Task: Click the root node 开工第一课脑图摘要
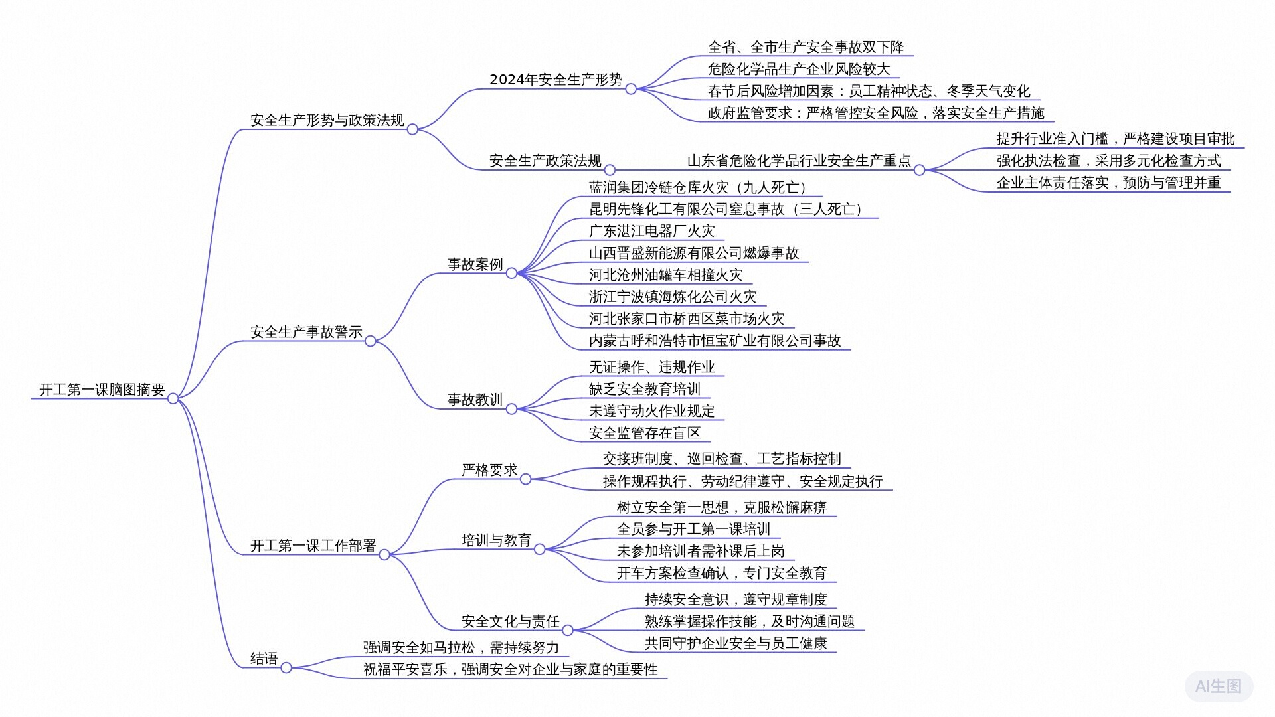[102, 390]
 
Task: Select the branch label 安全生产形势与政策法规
[327, 120]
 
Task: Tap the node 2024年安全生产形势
[556, 80]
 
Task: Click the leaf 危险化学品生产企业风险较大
[798, 69]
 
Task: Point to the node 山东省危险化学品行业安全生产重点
[798, 161]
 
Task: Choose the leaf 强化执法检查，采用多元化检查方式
[1108, 161]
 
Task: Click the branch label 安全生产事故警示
[306, 332]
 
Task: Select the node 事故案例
[475, 264]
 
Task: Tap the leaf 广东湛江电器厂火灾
[651, 231]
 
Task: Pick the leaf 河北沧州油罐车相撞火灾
[665, 275]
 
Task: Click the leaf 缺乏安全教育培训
[644, 389]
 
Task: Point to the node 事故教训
[475, 400]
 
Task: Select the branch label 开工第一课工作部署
[313, 546]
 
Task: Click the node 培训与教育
[496, 540]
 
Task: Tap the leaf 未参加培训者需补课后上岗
[700, 551]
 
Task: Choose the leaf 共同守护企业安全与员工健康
[735, 643]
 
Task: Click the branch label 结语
[264, 659]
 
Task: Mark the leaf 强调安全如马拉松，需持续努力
[461, 647]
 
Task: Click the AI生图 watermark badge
[1218, 686]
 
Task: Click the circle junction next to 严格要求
[525, 479]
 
